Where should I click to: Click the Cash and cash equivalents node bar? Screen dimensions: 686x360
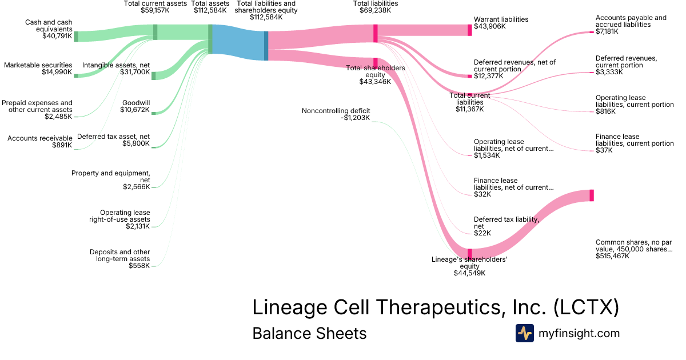[x=76, y=37]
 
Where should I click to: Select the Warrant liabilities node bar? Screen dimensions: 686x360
[x=469, y=30]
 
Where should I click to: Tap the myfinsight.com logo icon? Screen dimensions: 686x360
[x=524, y=333]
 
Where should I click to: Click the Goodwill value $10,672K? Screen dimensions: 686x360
[x=135, y=110]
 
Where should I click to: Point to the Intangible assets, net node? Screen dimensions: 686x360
[x=153, y=76]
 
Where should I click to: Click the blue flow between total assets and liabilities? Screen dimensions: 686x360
[x=238, y=42]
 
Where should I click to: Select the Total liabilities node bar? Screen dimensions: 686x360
[x=375, y=33]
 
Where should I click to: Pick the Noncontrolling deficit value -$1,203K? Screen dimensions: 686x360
[x=355, y=118]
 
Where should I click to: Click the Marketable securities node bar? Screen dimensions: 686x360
[x=76, y=75]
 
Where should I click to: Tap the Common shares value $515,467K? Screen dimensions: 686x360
[x=612, y=256]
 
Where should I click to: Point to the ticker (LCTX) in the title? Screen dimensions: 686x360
[x=586, y=307]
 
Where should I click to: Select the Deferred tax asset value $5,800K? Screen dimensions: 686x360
[x=136, y=143]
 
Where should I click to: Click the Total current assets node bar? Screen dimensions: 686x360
[x=155, y=32]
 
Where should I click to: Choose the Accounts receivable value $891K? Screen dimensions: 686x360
[x=62, y=145]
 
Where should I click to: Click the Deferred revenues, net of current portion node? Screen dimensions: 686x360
[x=469, y=76]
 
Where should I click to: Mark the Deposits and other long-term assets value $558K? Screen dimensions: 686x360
[x=139, y=266]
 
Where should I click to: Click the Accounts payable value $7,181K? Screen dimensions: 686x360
[x=607, y=31]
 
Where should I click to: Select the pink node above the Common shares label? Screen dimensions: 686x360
[x=591, y=195]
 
